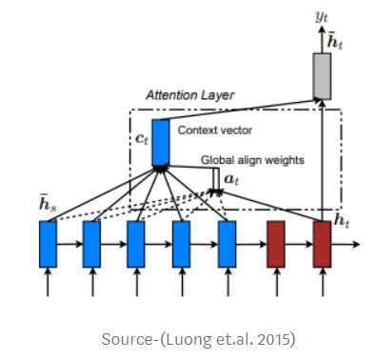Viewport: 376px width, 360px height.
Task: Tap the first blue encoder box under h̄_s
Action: [x=48, y=243]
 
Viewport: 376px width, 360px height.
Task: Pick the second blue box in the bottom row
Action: [x=92, y=243]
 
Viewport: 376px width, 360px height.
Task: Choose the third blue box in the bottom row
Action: [x=137, y=243]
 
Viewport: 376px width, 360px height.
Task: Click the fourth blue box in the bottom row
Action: [x=182, y=243]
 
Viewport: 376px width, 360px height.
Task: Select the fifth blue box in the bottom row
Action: [x=227, y=243]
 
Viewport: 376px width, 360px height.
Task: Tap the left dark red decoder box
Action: [x=276, y=243]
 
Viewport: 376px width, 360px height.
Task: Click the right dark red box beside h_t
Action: [x=322, y=243]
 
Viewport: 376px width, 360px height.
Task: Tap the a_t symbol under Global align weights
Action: [x=230, y=177]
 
